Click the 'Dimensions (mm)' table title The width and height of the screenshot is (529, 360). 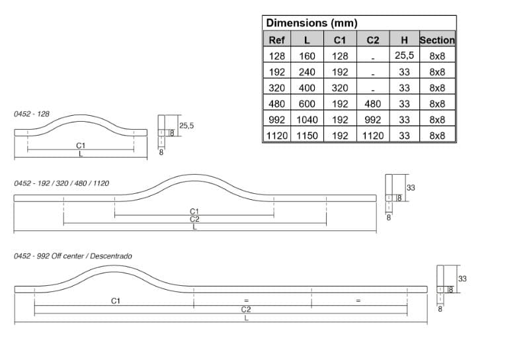311,23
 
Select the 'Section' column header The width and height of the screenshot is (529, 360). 437,40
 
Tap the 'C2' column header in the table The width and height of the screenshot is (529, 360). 373,40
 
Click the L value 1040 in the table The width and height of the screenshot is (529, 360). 307,120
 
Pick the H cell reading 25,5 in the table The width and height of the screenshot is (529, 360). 404,56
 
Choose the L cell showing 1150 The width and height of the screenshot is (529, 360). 307,136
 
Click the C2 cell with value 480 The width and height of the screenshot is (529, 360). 373,104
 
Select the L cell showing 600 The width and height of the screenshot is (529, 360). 307,104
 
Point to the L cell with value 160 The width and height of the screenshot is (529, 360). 307,56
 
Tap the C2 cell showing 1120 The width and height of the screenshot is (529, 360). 373,136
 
